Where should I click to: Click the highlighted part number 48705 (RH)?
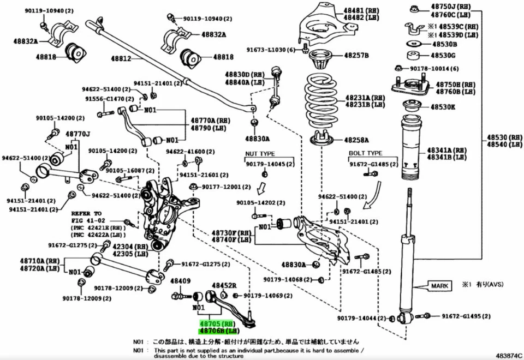coord(216,323)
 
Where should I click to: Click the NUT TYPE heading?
coord(260,154)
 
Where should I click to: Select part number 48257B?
coord(356,56)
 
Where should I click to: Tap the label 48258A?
coord(356,140)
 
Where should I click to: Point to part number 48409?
coord(180,281)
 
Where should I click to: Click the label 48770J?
coord(78,134)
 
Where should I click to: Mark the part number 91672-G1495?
coord(466,316)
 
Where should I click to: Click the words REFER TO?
coord(86,213)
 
